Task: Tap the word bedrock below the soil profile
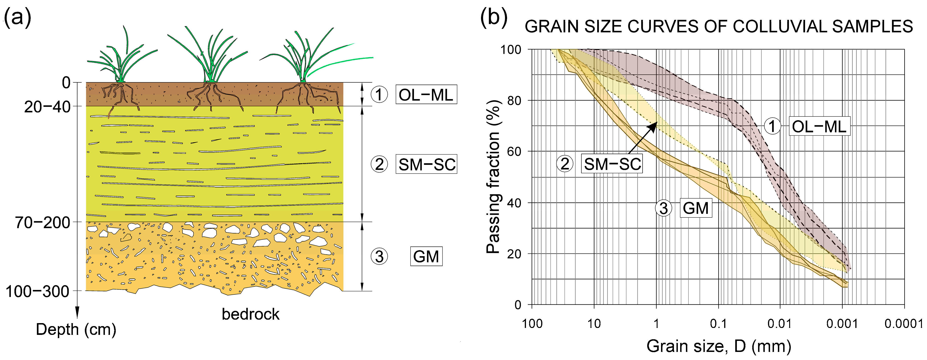pyautogui.click(x=251, y=314)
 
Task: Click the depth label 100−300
pyautogui.click(x=37, y=291)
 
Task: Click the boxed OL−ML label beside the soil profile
pyautogui.click(x=426, y=95)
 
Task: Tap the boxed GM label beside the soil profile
pyautogui.click(x=426, y=257)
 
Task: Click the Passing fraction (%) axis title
pyautogui.click(x=493, y=176)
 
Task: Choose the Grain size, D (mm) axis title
pyautogui.click(x=719, y=346)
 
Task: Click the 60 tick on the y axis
pyautogui.click(x=514, y=152)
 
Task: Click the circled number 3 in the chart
pyautogui.click(x=664, y=208)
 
